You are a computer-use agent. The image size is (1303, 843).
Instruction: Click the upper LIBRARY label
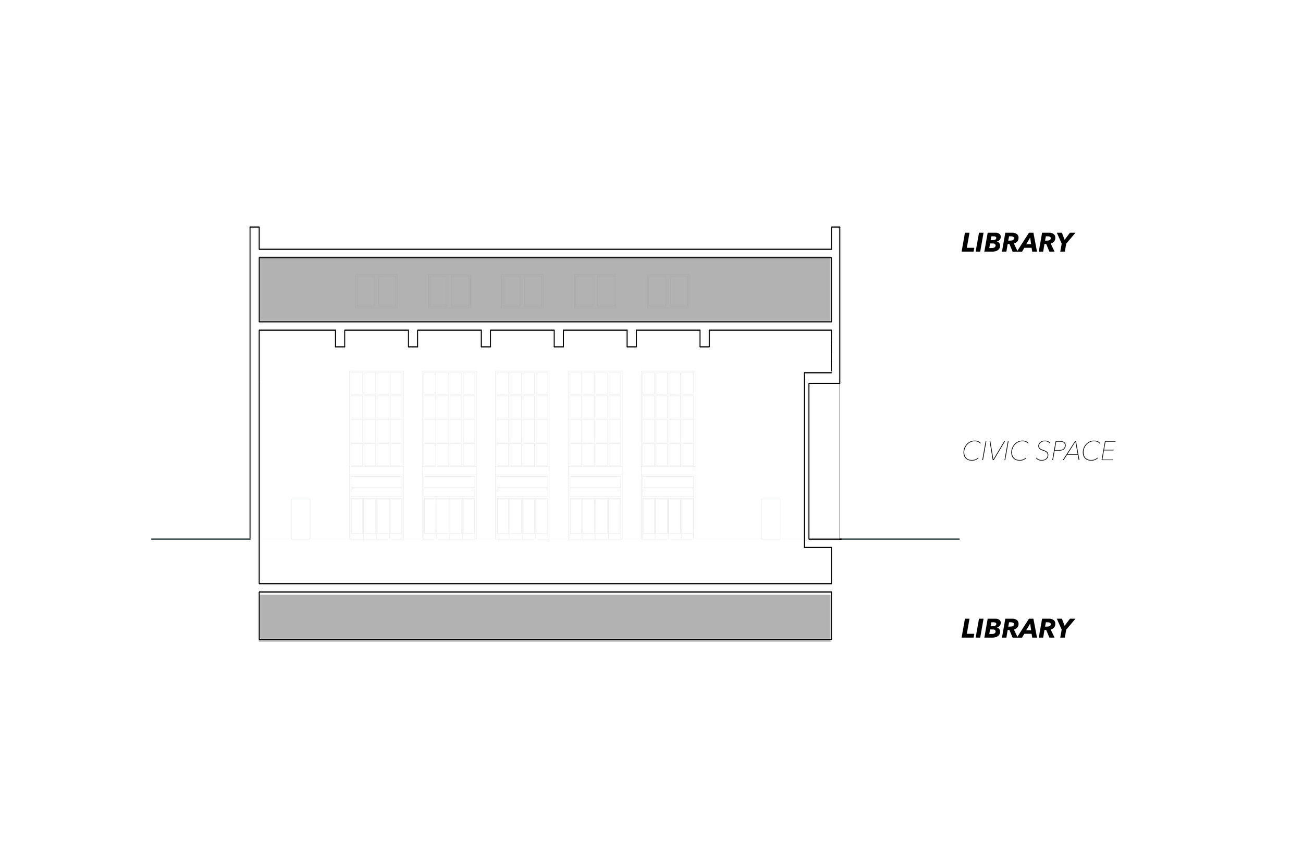1017,243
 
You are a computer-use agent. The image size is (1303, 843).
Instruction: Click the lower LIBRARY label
1017,628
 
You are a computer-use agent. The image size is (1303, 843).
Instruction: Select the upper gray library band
545,289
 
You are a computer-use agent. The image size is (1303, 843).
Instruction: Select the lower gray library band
545,616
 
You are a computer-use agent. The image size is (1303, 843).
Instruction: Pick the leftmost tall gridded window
377,454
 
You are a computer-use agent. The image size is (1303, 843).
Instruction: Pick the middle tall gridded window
522,454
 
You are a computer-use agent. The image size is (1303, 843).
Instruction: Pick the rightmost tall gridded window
668,454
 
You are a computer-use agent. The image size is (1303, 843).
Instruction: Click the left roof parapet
254,238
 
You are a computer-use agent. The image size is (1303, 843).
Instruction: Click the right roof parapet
835,238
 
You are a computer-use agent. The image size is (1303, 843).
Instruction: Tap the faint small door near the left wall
301,518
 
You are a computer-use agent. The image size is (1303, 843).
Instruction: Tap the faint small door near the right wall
770,518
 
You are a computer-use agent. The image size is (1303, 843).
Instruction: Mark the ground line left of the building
200,539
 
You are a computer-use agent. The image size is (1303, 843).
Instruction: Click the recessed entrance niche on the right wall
823,461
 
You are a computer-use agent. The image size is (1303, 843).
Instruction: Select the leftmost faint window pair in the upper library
376,291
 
